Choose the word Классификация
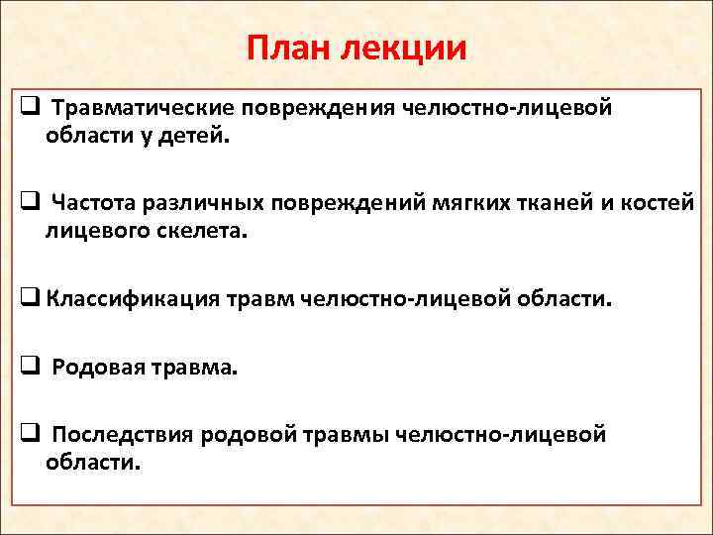[x=125, y=299]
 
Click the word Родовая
[x=93, y=368]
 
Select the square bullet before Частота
[x=29, y=203]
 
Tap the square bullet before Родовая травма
[x=29, y=367]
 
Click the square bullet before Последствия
[x=29, y=433]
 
